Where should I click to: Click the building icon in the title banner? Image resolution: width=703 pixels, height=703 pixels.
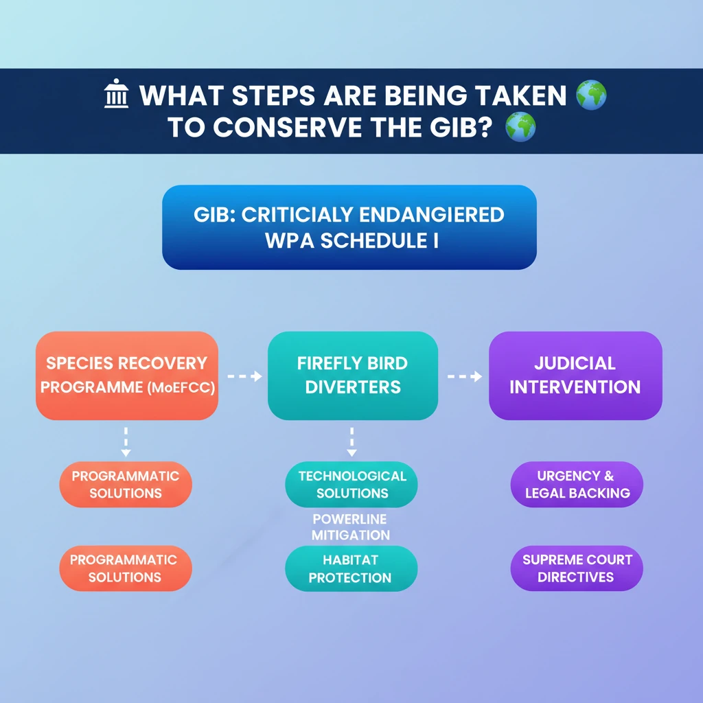pyautogui.click(x=116, y=93)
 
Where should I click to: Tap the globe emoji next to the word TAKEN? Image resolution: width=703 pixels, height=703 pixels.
pyautogui.click(x=591, y=95)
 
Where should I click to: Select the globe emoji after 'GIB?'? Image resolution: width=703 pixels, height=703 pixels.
pyautogui.click(x=520, y=127)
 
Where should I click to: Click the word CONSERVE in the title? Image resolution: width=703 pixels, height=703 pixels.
pyautogui.click(x=288, y=127)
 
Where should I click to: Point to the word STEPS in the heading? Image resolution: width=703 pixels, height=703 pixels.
pyautogui.click(x=273, y=95)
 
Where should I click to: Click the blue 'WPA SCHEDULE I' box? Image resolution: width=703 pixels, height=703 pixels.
pyautogui.click(x=349, y=227)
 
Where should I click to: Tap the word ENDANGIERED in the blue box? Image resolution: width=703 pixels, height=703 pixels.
pyautogui.click(x=432, y=215)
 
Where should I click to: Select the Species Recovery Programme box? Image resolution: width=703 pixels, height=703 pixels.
pyautogui.click(x=127, y=376)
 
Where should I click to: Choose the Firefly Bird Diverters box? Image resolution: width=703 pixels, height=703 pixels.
pyautogui.click(x=353, y=376)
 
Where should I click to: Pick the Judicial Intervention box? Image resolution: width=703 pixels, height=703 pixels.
pyautogui.click(x=575, y=376)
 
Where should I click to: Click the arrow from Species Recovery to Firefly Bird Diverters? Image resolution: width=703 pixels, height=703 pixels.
pyautogui.click(x=244, y=376)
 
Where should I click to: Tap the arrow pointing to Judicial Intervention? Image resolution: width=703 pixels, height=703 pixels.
pyautogui.click(x=465, y=376)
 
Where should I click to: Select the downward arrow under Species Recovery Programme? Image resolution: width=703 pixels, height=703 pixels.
pyautogui.click(x=126, y=442)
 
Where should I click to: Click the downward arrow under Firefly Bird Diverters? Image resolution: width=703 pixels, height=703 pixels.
pyautogui.click(x=352, y=442)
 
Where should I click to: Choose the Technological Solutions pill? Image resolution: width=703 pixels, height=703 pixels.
pyautogui.click(x=351, y=484)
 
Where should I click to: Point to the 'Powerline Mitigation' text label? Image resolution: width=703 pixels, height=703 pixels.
pyautogui.click(x=350, y=527)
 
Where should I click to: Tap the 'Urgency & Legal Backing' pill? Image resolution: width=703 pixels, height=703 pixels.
pyautogui.click(x=577, y=484)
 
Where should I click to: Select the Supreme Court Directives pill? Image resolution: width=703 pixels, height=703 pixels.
pyautogui.click(x=577, y=568)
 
